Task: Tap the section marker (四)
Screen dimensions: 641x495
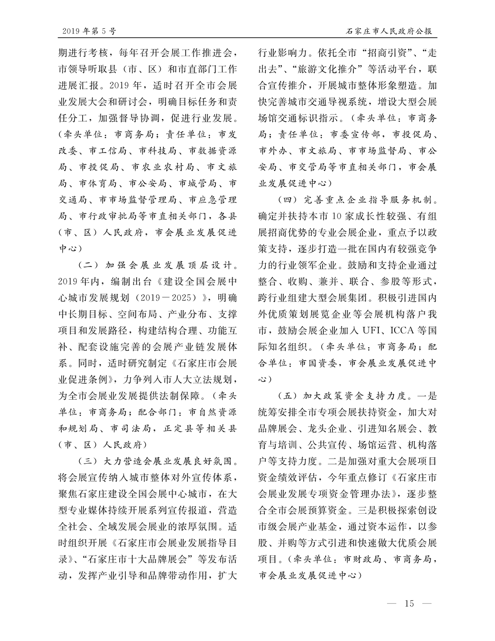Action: (x=288, y=201)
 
